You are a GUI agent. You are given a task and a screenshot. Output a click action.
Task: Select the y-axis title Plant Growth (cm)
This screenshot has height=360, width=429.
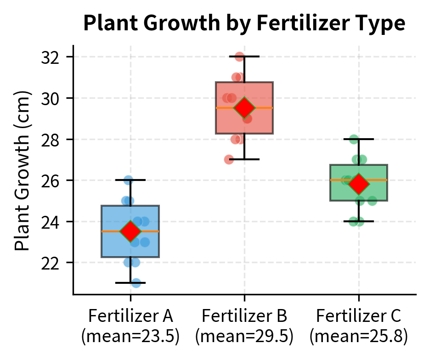pos(23,170)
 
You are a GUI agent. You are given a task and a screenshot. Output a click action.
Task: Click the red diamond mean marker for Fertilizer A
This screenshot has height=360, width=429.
pos(130,231)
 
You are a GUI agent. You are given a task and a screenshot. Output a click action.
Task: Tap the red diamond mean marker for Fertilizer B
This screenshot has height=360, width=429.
pos(244,108)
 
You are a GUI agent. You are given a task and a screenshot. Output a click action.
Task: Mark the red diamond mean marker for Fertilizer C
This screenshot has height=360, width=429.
pos(359,184)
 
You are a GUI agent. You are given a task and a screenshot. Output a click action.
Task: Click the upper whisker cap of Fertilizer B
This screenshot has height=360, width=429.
pos(244,56)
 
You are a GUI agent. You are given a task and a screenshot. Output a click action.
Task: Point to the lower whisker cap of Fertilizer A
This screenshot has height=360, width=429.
pos(130,283)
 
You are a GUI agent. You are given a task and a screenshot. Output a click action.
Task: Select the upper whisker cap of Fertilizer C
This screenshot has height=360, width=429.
pos(359,139)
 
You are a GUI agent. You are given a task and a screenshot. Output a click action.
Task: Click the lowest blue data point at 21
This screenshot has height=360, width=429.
pos(136,283)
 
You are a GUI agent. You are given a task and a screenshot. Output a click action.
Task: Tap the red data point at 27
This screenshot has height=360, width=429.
pos(229,159)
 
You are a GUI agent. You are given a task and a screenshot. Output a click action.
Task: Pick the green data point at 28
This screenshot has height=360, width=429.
pos(354,139)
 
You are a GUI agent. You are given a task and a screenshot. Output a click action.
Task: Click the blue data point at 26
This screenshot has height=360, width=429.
pos(128,180)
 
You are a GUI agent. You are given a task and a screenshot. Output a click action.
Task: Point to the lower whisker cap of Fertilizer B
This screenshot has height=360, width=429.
pos(244,159)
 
